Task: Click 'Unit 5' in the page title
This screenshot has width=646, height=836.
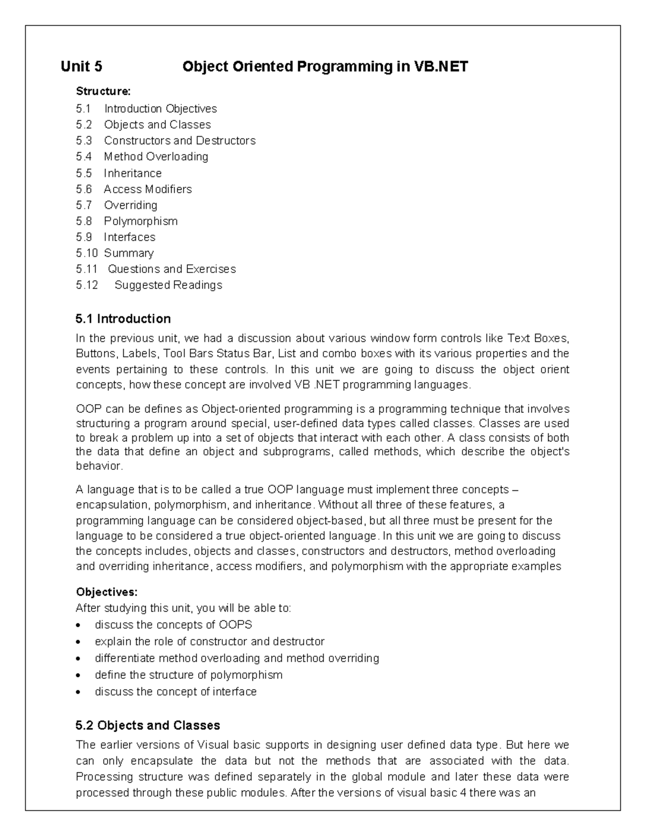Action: [81, 67]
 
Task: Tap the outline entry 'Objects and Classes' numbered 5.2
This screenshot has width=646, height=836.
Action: [157, 125]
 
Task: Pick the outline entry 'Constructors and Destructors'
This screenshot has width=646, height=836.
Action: [180, 141]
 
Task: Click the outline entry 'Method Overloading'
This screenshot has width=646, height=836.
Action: [156, 157]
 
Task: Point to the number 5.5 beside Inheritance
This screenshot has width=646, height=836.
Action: [84, 173]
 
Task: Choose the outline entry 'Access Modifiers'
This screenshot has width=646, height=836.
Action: [148, 189]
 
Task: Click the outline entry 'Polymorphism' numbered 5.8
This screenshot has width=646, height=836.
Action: [141, 221]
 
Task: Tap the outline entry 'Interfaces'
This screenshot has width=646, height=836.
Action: [130, 237]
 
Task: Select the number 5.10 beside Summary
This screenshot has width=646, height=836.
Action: [87, 253]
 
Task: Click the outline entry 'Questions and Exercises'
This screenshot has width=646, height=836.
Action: [172, 269]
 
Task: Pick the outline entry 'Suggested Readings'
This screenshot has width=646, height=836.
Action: [168, 285]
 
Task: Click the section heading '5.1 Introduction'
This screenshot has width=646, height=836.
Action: [123, 319]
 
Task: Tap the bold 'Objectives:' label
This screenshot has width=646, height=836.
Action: [107, 592]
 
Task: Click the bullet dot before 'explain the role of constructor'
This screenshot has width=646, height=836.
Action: [79, 642]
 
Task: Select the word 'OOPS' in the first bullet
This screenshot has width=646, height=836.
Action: [236, 625]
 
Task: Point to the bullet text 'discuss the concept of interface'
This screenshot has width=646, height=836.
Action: [175, 692]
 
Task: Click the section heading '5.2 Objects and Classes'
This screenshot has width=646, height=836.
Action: [148, 726]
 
